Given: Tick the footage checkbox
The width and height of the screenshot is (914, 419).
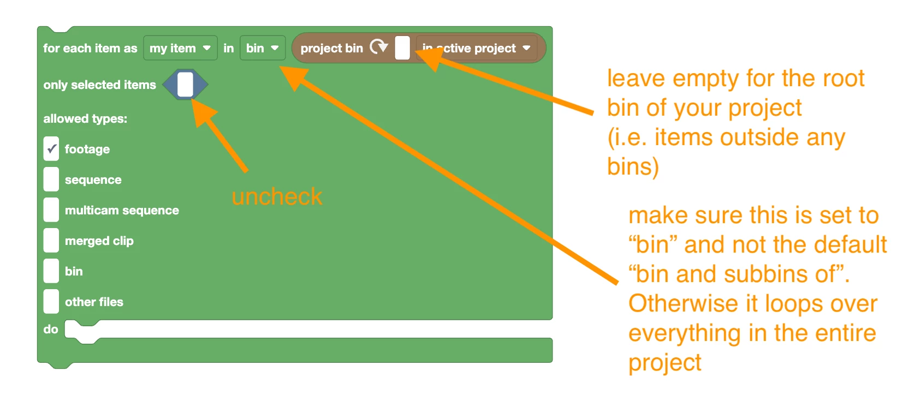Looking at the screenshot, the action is tap(51, 149).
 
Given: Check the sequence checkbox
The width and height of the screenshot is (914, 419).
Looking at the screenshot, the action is tap(51, 179).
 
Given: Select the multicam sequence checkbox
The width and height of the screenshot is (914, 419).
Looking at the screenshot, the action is tap(51, 210).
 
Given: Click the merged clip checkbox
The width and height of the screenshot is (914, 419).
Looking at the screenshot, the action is tap(51, 241).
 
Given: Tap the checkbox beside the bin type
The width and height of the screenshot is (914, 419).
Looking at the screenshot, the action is tap(51, 271).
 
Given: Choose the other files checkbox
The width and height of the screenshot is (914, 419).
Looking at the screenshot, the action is tap(51, 302).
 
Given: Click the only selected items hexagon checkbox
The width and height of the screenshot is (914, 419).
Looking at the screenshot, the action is tap(185, 85).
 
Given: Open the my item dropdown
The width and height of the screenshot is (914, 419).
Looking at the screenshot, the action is tap(180, 48).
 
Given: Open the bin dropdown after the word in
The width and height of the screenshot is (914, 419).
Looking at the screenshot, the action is tap(263, 48).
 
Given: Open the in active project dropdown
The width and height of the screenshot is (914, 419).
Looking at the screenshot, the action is tap(477, 48).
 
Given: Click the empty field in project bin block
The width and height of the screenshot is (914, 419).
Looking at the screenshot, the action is tap(402, 48).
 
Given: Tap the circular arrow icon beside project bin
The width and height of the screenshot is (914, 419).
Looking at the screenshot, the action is tap(379, 46).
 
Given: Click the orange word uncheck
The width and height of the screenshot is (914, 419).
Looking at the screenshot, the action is tap(277, 196).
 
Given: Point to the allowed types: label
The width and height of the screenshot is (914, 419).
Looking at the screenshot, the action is tap(85, 118).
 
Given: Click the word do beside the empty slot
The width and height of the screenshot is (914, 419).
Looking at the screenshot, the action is tap(51, 329).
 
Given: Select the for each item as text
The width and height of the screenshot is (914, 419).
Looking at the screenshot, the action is tap(90, 48).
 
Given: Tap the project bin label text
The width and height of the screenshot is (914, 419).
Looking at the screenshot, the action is tap(332, 48).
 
